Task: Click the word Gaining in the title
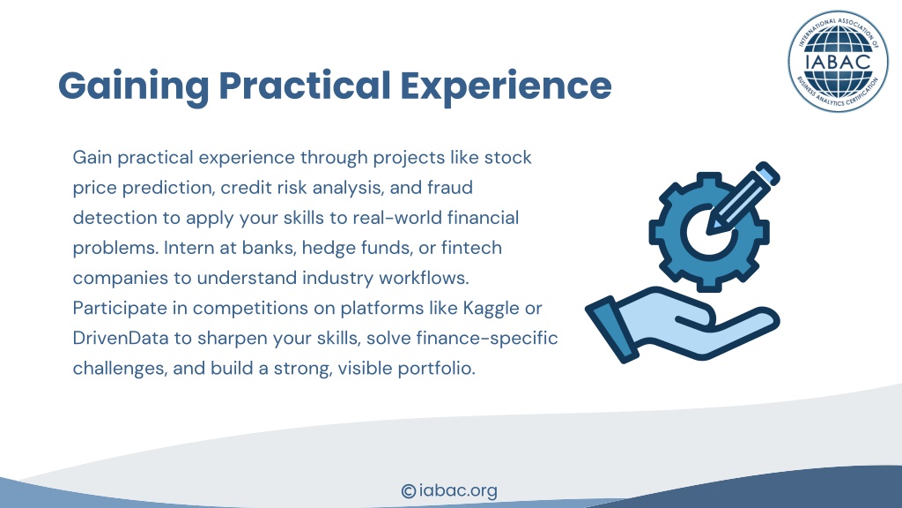pyautogui.click(x=134, y=87)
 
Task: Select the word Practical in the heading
pyautogui.click(x=305, y=86)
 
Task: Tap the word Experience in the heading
pyautogui.click(x=506, y=87)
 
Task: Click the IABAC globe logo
pyautogui.click(x=839, y=61)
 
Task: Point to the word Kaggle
pyautogui.click(x=491, y=309)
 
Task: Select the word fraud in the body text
pyautogui.click(x=450, y=187)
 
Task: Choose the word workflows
pyautogui.click(x=424, y=278)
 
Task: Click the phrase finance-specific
pyautogui.click(x=486, y=339)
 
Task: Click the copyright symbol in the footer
pyautogui.click(x=409, y=491)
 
